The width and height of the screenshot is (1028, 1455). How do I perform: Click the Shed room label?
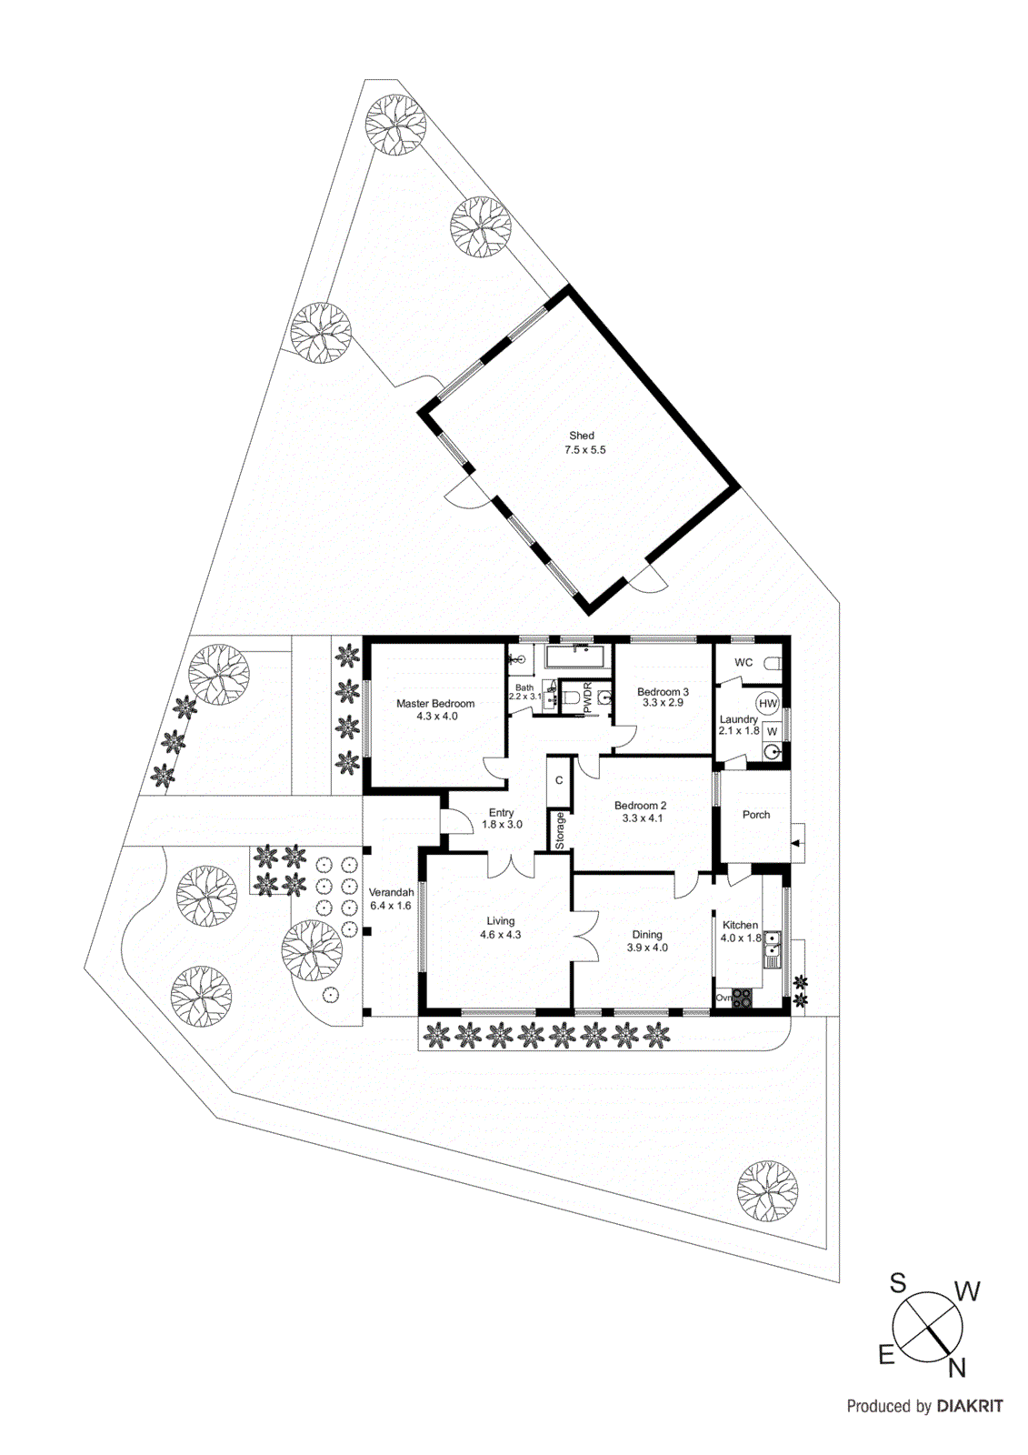click(581, 436)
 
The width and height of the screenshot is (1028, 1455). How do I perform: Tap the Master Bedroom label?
click(435, 704)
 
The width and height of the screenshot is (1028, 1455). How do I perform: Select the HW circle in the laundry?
click(767, 704)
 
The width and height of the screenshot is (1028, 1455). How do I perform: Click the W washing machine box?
click(773, 731)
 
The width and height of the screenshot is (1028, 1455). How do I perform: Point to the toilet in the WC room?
click(773, 664)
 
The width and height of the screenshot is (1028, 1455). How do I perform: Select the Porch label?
click(756, 815)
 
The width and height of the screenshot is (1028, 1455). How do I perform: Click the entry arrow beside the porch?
click(797, 843)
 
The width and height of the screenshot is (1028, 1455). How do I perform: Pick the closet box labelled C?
click(558, 780)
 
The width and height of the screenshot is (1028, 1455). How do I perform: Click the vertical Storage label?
click(560, 831)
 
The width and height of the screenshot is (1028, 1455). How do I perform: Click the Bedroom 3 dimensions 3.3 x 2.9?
click(663, 703)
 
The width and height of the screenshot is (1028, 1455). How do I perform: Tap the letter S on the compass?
click(897, 1283)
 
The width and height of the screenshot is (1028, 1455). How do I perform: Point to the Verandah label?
click(391, 892)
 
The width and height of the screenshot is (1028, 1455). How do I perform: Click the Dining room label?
click(647, 935)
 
